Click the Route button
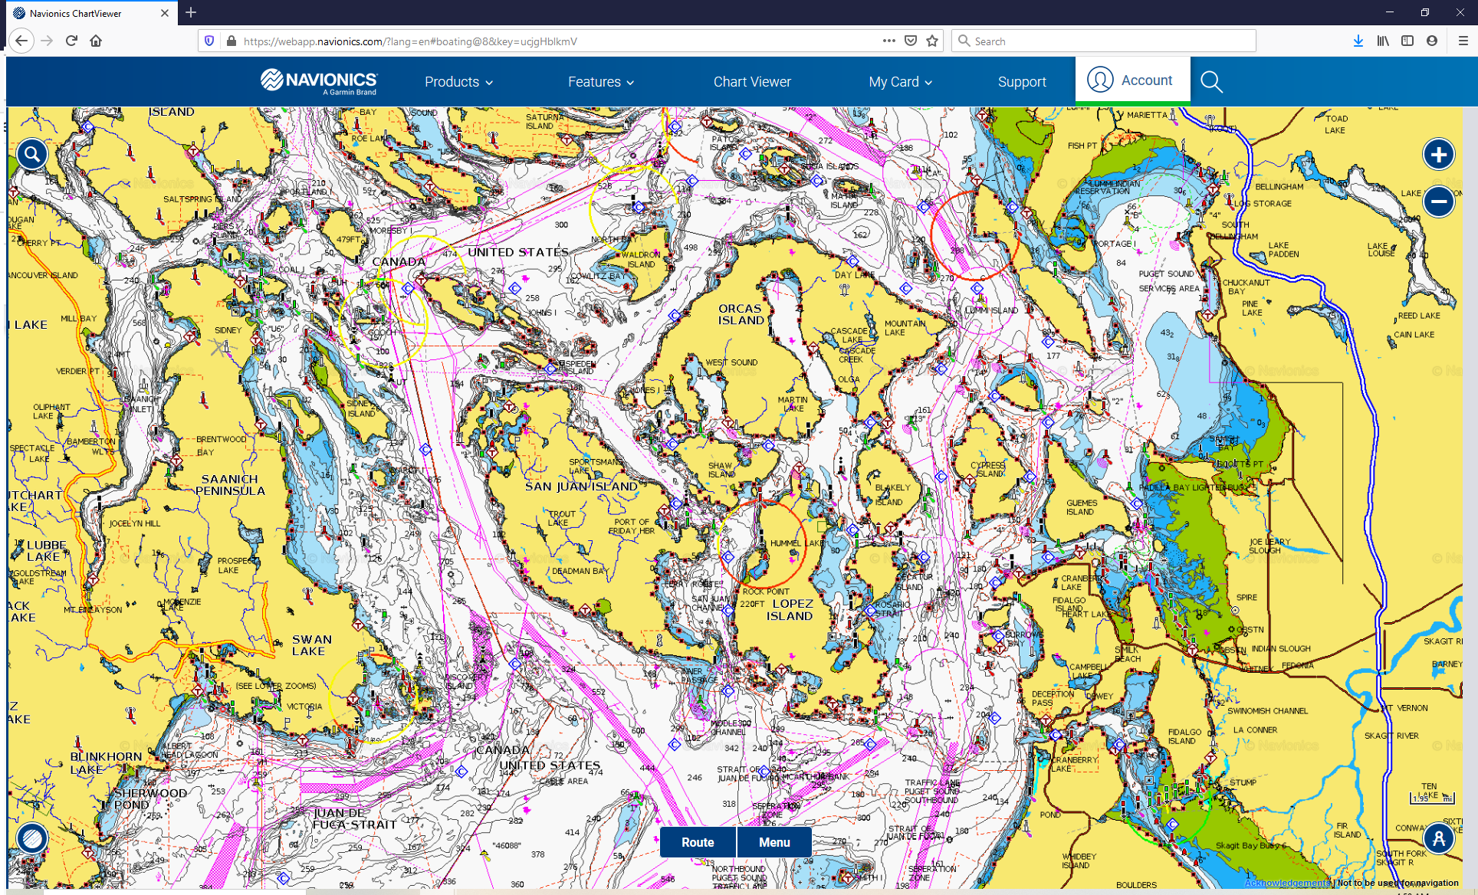tap(697, 842)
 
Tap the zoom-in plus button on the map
tap(1438, 155)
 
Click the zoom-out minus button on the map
tap(1438, 202)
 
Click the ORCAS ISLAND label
tap(741, 314)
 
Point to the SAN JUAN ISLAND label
tap(581, 487)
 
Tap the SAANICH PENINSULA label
tap(230, 485)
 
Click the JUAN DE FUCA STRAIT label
tap(354, 818)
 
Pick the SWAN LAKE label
tap(311, 645)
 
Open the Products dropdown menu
tap(458, 82)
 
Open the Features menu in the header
tap(600, 82)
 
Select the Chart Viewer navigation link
tap(751, 82)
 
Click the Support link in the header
tap(1021, 82)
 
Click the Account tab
tap(1132, 80)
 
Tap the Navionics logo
tap(319, 81)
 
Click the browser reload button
tap(71, 41)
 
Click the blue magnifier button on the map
tap(31, 155)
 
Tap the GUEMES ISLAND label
tap(1081, 507)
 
